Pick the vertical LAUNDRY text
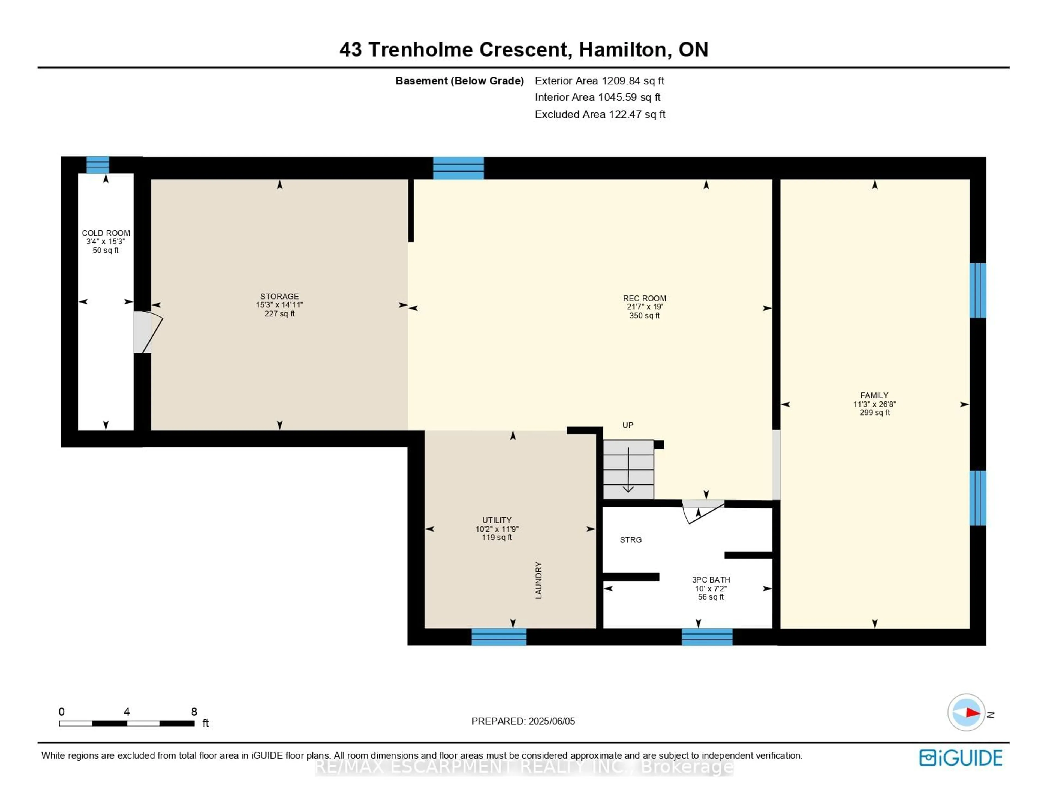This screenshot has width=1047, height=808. tap(538, 580)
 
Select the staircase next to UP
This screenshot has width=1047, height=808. tap(628, 469)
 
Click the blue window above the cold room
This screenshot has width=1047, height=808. tap(98, 165)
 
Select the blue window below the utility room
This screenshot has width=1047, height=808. tap(499, 637)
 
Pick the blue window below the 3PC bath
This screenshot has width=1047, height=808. tap(707, 637)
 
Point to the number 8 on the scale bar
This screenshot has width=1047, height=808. tap(194, 712)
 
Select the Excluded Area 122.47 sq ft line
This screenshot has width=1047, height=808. tap(600, 114)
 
